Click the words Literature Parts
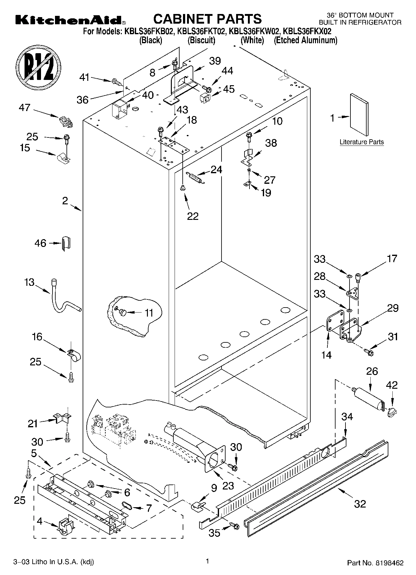click(x=361, y=142)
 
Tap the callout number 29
click(x=393, y=308)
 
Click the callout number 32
click(x=360, y=503)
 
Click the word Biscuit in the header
click(x=201, y=40)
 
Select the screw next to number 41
click(x=117, y=82)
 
